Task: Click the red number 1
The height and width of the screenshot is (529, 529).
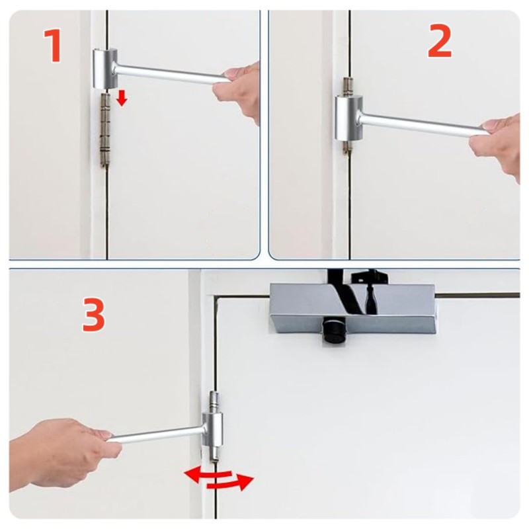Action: point(54,46)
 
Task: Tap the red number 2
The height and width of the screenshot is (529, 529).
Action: point(440,41)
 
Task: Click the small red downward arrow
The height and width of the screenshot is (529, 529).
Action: point(122,98)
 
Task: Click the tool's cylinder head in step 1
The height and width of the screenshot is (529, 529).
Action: point(105,69)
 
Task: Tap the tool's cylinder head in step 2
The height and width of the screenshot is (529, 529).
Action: point(349,118)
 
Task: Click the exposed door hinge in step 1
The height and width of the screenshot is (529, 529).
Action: point(105,130)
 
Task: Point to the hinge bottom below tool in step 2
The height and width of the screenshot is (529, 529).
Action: point(346,147)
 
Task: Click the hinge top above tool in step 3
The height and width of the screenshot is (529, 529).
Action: point(214,402)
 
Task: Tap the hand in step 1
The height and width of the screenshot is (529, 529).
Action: point(238,91)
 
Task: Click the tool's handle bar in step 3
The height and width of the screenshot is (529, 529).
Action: point(156,434)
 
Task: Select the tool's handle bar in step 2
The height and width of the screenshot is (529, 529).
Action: point(423,126)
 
